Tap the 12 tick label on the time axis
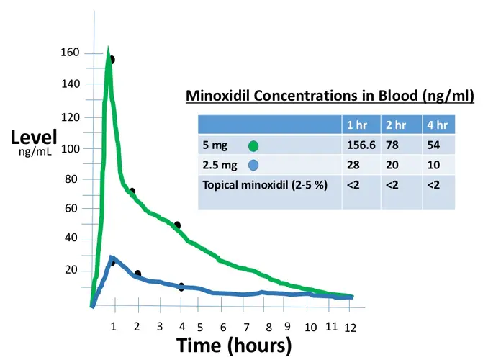350,328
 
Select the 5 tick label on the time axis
199,328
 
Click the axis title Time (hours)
234,345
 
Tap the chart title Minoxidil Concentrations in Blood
330,96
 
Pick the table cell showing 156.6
361,145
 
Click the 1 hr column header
358,125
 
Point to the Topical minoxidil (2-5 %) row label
265,185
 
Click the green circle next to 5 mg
253,145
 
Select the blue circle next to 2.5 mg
252,165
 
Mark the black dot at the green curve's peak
112,60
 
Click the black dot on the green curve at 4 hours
177,225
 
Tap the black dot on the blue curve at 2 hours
137,274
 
